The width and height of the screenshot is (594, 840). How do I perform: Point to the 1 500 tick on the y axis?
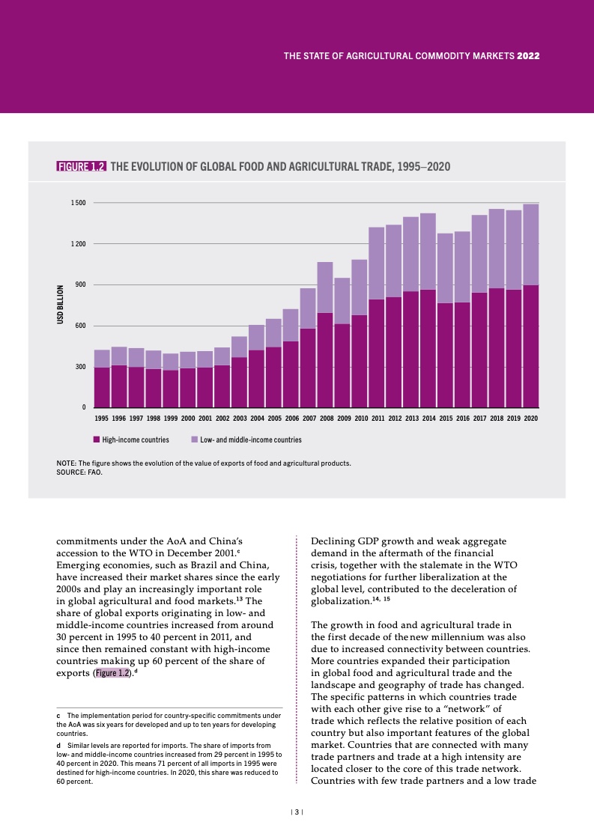coord(79,203)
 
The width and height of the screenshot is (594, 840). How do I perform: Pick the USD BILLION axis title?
coord(61,305)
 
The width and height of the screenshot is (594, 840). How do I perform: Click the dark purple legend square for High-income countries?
coord(97,439)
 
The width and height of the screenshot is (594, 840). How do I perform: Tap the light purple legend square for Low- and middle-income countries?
coord(195,439)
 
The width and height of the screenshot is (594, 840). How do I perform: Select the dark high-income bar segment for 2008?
coord(325,360)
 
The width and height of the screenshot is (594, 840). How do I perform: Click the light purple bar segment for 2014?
coord(428,252)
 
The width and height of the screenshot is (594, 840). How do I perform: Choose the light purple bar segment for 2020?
coord(531,244)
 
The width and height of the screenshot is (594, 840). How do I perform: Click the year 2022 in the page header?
coord(529,56)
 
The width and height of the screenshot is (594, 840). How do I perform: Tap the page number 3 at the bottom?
coord(297,812)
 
